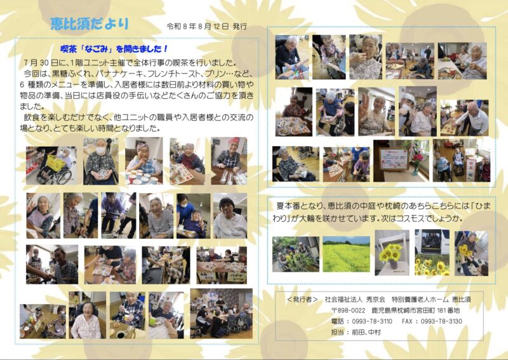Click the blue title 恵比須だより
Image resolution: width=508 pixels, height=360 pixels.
click(90, 24)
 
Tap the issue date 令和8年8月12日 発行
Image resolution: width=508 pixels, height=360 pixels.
click(207, 27)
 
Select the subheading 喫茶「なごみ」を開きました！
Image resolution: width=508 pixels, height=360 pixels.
click(114, 49)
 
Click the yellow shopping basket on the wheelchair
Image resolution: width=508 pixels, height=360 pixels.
click(55, 163)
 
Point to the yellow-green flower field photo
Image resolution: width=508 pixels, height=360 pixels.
click(346, 254)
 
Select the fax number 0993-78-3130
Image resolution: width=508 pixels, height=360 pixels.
click(441, 321)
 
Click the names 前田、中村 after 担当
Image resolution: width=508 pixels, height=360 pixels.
click(366, 333)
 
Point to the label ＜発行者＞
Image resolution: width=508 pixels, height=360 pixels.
click(302, 300)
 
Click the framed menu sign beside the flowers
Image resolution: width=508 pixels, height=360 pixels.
click(394, 159)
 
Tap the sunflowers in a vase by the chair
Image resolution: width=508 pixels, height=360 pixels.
click(391, 252)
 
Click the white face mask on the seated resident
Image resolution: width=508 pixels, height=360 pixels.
click(100, 150)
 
